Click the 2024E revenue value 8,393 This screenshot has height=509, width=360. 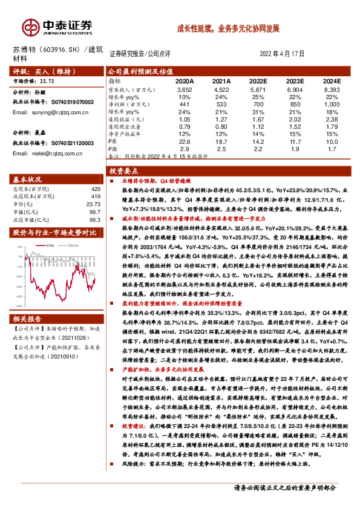tap(332, 89)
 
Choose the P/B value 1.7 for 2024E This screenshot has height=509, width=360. tap(332, 148)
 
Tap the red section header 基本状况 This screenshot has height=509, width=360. tap(29, 180)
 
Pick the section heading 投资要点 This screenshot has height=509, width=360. tap(123, 171)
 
